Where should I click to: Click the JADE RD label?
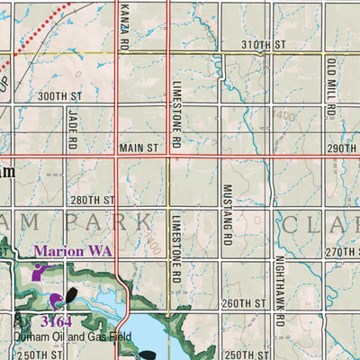point(73,128)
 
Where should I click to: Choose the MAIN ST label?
point(139,146)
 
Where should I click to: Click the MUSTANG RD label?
point(227,215)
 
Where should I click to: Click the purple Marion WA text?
point(73,252)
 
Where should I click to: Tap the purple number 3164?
point(57,321)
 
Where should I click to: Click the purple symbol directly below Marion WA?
point(40,273)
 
